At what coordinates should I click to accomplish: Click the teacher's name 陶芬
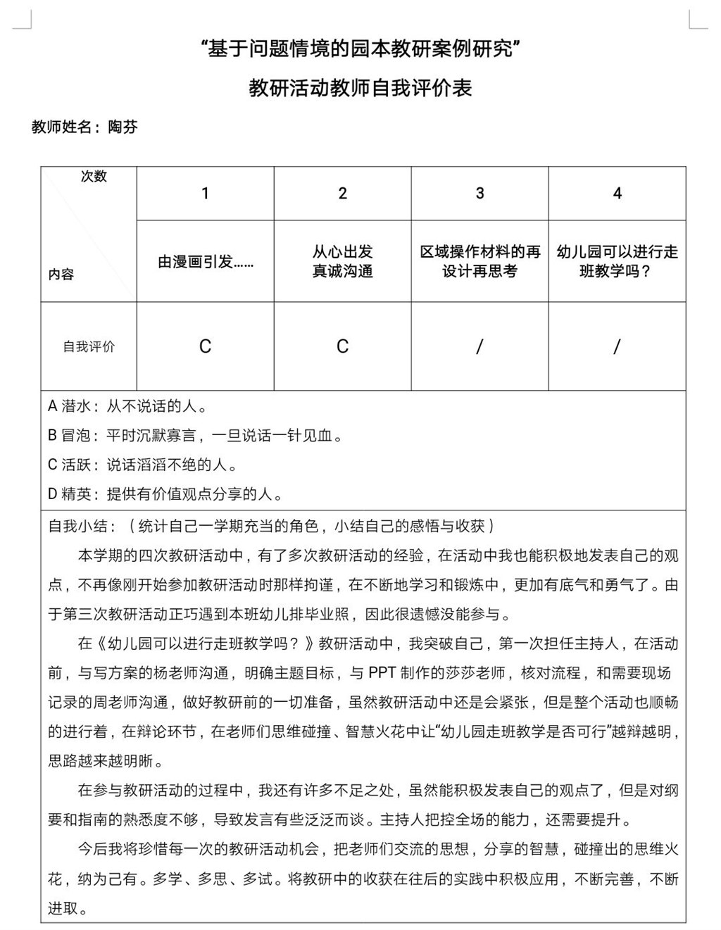123,127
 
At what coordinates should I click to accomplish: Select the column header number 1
205,194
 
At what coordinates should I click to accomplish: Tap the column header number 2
342,194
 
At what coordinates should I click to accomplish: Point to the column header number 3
479,194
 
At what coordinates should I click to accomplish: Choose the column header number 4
617,194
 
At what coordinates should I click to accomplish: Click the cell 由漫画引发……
205,262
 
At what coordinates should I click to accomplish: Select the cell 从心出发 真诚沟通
342,261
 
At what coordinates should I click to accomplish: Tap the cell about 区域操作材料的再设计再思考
479,261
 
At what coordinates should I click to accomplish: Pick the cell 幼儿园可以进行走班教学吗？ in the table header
617,261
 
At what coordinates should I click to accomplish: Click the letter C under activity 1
205,346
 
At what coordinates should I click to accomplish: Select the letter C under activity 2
342,346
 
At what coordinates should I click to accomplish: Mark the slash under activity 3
479,346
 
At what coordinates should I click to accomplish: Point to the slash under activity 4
617,346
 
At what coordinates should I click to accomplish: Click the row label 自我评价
89,346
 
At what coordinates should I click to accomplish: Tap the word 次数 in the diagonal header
94,176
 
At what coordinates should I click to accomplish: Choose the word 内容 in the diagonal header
61,275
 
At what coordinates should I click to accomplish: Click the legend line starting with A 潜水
127,406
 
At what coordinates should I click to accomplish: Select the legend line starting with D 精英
166,494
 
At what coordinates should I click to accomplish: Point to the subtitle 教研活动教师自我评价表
360,88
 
